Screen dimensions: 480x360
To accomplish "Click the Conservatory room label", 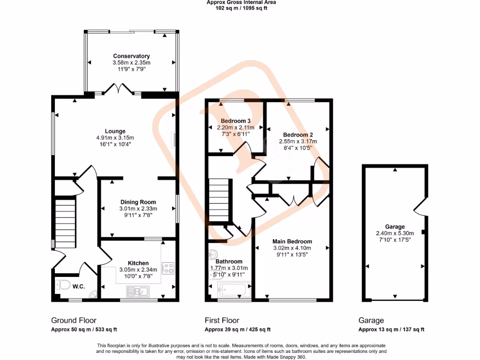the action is (x=131, y=56).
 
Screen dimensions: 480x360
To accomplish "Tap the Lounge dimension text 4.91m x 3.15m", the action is (x=115, y=138).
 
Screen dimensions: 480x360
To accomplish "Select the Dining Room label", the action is (x=138, y=202).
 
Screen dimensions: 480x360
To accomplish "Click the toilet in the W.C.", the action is (x=63, y=285).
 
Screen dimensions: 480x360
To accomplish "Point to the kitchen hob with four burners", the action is (x=168, y=268).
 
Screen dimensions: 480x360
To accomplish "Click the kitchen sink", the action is (x=138, y=292).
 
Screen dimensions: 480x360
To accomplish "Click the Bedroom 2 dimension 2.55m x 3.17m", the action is (x=298, y=142).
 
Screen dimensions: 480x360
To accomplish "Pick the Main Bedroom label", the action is (x=292, y=241).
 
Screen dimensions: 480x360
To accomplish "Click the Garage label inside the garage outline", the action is (x=395, y=226).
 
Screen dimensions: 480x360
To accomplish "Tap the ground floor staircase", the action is (x=65, y=223).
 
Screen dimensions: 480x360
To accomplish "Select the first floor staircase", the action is (x=219, y=200).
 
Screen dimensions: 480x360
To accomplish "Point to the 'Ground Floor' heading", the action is (x=74, y=321).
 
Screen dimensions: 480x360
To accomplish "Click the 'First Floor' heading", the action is (x=222, y=321).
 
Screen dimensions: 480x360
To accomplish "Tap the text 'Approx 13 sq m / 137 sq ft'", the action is (x=391, y=330).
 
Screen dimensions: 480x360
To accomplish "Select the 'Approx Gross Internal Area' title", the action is (x=241, y=2).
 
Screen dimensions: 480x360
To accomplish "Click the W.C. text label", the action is (x=79, y=286).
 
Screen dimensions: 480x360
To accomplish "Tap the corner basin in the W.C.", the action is (x=93, y=294).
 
